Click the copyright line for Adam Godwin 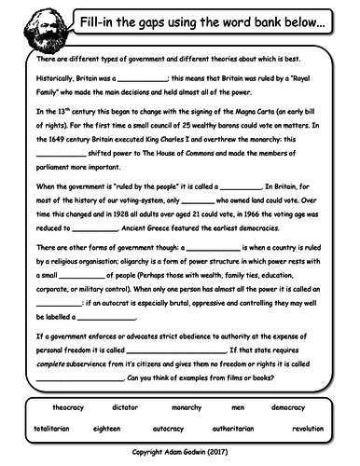180,453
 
